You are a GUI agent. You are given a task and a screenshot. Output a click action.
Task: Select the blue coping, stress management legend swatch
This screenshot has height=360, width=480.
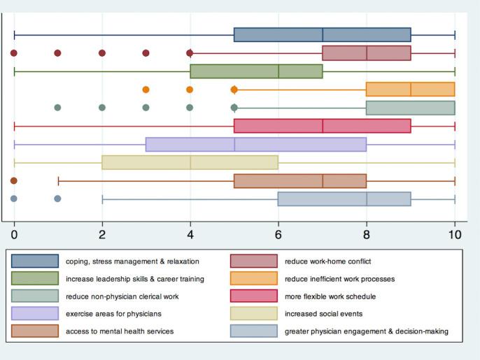[35, 261]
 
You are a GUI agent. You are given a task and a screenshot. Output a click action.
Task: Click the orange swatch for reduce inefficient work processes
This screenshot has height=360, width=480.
[254, 279]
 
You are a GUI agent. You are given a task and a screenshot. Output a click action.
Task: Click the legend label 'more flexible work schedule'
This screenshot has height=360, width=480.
[327, 296]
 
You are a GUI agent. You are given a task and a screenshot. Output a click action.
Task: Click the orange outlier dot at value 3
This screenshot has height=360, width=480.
[146, 89]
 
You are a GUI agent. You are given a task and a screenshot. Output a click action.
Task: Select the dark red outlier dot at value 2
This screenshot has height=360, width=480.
[102, 53]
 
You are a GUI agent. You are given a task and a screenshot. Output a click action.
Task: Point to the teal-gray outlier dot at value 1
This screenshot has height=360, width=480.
[58, 108]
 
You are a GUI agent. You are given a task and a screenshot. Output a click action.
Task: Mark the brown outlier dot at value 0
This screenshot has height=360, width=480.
[14, 180]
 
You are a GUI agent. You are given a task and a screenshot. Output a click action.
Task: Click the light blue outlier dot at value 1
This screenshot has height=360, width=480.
[58, 199]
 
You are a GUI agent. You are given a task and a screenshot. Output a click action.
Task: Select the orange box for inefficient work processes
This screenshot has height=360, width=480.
[410, 89]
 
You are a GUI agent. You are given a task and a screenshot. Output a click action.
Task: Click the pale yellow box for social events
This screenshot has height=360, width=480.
[190, 162]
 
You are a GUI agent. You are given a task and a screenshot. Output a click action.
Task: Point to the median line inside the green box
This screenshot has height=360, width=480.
[278, 71]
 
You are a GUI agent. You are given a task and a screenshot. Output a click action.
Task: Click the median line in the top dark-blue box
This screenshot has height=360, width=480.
[323, 35]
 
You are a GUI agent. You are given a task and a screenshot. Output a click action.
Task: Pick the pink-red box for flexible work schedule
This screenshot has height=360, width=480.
[322, 126]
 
